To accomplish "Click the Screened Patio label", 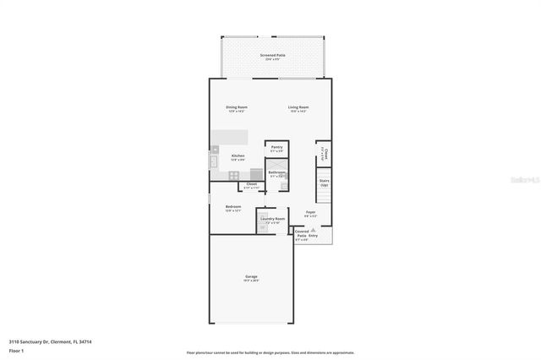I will point(272,57).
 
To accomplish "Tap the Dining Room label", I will point(237,109).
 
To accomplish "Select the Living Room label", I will point(298,109).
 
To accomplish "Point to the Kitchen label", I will point(238,157).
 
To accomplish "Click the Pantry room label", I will point(276,149).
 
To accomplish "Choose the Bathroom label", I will point(276,174).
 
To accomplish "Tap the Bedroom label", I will point(233,208).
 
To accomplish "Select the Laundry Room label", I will point(272,220).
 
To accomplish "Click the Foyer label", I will point(310,214).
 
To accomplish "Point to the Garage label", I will point(251,278).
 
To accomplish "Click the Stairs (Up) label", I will point(323,182).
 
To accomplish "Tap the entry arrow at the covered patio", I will point(314,230).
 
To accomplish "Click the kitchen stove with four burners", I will point(232,175).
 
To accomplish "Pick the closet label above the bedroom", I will point(251,185).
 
